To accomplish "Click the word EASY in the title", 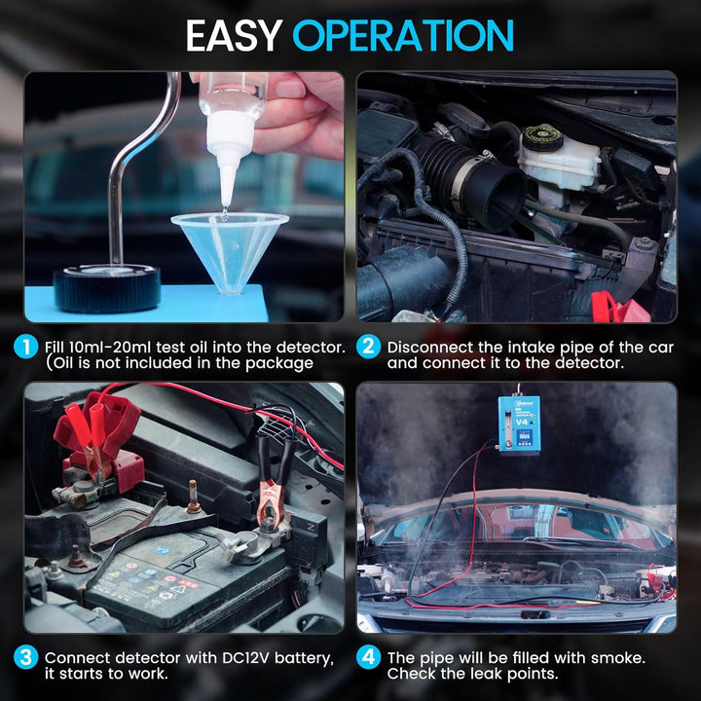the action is pyautogui.click(x=234, y=35).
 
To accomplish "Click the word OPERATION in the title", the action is pyautogui.click(x=403, y=35).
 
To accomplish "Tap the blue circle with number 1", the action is pyautogui.click(x=26, y=347).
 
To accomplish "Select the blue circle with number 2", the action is pyautogui.click(x=368, y=347).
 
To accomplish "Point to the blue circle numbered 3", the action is pyautogui.click(x=26, y=657).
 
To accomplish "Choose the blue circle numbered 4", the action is pyautogui.click(x=368, y=657).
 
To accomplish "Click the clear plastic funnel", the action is pyautogui.click(x=230, y=250).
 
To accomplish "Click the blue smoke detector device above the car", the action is pyautogui.click(x=519, y=424).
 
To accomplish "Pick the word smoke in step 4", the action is pyautogui.click(x=618, y=657).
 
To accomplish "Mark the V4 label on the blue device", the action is pyautogui.click(x=522, y=422).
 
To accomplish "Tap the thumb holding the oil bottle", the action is pyautogui.click(x=290, y=90).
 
